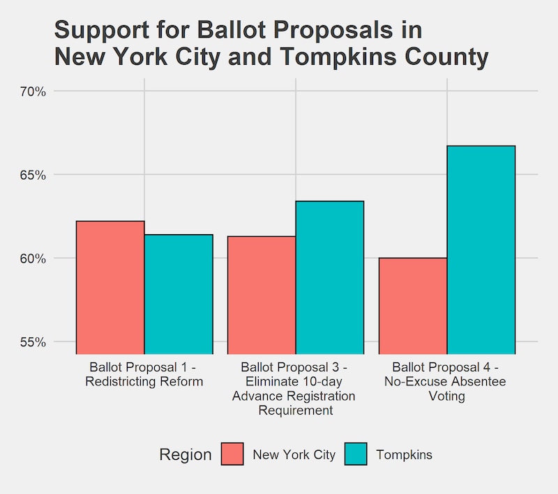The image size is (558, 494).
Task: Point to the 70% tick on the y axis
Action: coord(32,91)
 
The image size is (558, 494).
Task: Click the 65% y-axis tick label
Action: coord(32,175)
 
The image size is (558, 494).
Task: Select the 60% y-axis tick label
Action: coord(32,258)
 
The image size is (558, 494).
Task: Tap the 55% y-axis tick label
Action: coord(32,342)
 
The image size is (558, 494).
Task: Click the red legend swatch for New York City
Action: coord(233,454)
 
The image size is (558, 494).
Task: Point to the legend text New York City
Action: coord(294,455)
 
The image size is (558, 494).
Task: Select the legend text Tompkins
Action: coord(404,455)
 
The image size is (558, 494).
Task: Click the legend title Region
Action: coord(185,455)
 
